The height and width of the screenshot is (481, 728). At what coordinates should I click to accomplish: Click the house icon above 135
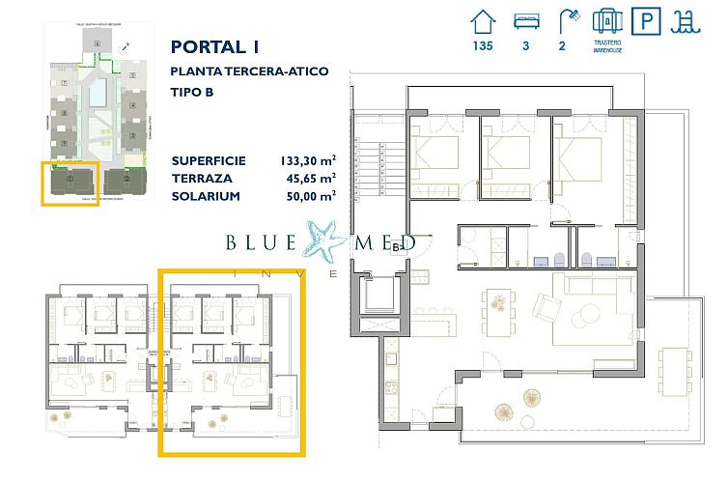pyautogui.click(x=482, y=22)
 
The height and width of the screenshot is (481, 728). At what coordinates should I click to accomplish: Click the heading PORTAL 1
pyautogui.click(x=215, y=46)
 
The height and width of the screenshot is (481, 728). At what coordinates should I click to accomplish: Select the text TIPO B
pyautogui.click(x=191, y=93)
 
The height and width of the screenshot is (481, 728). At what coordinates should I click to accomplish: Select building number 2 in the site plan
pyautogui.click(x=126, y=179)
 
